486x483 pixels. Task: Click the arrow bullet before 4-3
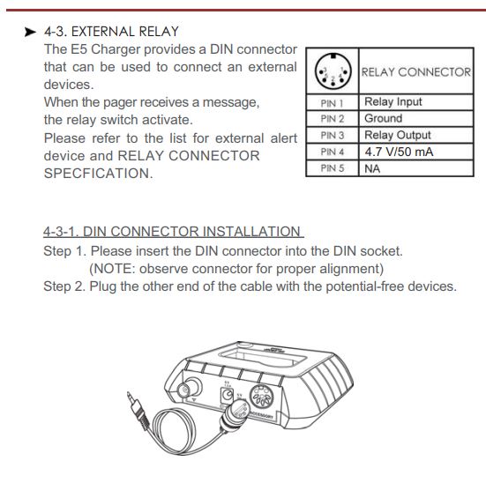pos(30,32)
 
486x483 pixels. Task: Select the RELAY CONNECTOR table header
pos(416,72)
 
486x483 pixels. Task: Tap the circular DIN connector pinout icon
pos(333,71)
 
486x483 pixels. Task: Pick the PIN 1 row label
pos(332,103)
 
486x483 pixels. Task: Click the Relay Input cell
pos(393,102)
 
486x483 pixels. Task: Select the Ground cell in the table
pos(384,118)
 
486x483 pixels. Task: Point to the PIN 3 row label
pos(333,136)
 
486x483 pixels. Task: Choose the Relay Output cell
pos(398,135)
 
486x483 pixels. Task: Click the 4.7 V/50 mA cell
pos(399,152)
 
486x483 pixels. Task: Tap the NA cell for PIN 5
pos(372,168)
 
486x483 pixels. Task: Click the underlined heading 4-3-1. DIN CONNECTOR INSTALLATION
pos(173,232)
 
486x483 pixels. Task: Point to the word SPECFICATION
pos(98,173)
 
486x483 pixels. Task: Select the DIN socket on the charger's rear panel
pos(262,397)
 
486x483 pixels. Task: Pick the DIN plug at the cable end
pos(235,413)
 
